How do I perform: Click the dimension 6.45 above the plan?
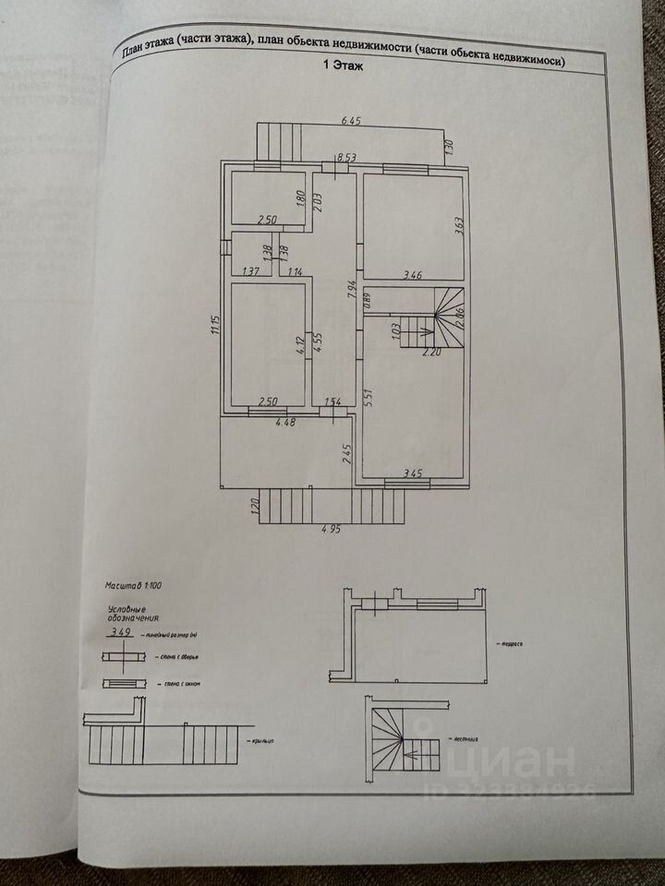point(352,121)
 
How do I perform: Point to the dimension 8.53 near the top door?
point(347,159)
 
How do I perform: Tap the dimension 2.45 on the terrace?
point(347,454)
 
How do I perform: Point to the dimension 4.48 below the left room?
point(284,425)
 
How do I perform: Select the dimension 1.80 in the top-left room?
point(300,198)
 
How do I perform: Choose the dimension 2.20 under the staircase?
point(432,353)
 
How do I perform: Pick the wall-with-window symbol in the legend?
point(124,684)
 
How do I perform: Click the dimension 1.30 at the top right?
point(450,146)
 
